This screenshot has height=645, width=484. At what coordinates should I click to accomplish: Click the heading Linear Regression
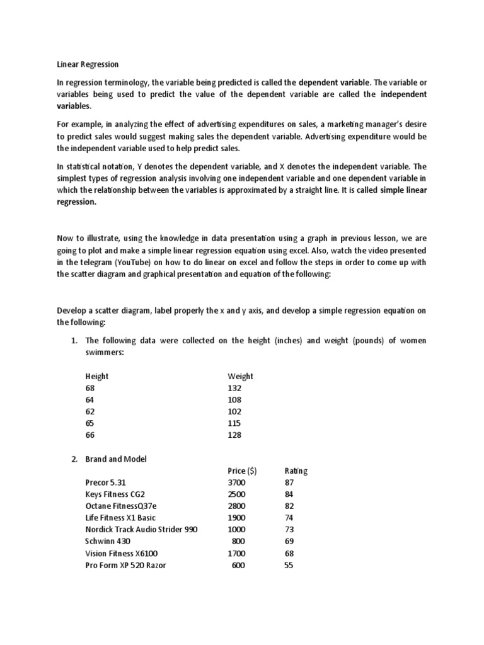(x=88, y=64)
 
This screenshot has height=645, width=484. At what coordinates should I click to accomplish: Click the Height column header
(x=97, y=376)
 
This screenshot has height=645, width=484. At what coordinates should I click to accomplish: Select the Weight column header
(x=240, y=376)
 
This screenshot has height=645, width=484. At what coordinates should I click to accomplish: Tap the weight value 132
(x=234, y=388)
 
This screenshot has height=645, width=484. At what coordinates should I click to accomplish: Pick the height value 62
(x=91, y=411)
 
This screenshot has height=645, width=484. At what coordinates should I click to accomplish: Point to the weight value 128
(x=234, y=435)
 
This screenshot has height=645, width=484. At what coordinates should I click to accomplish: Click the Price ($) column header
(x=242, y=471)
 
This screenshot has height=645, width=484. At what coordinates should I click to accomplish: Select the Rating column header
(x=296, y=471)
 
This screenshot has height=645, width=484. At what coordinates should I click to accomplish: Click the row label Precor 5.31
(x=110, y=482)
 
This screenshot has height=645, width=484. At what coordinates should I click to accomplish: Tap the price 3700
(x=237, y=482)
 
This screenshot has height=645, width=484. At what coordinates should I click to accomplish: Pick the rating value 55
(x=289, y=565)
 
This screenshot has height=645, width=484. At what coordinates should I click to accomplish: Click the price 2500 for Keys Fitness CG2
(x=237, y=494)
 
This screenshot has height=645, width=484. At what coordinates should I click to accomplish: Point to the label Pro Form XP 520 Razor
(x=126, y=565)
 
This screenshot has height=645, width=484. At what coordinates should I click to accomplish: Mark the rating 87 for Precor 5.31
(x=289, y=482)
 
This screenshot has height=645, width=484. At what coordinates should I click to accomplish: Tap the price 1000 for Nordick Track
(x=237, y=530)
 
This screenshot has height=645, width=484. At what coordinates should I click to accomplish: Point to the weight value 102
(x=234, y=411)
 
